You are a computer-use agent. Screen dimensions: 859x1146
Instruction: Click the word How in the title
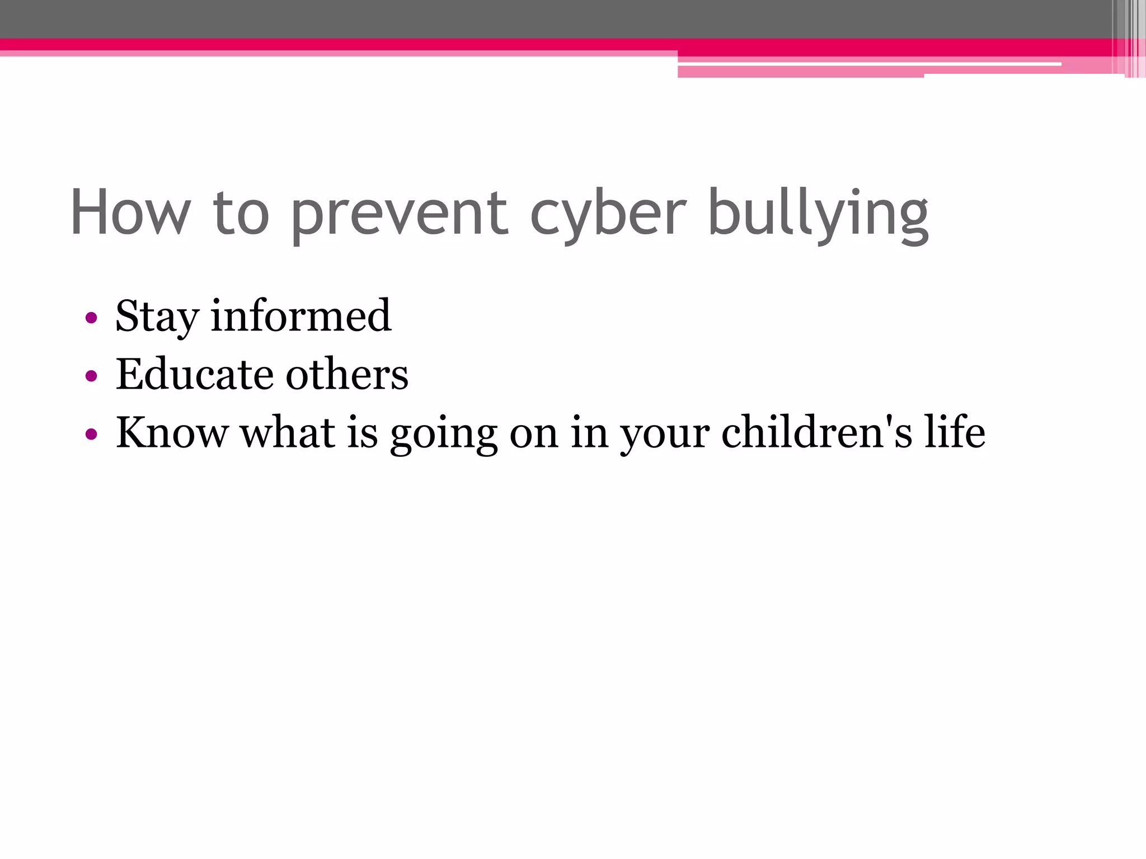pos(130,213)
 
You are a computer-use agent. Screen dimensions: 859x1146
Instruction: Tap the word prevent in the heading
pos(399,215)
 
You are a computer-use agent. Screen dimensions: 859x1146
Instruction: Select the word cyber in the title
pos(608,215)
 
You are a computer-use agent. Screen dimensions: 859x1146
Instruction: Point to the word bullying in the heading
pos(818,215)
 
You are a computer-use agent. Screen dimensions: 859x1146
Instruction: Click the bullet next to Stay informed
pos(91,318)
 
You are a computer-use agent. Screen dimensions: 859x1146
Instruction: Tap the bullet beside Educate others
pos(91,376)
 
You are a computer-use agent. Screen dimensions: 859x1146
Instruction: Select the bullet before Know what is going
pos(91,433)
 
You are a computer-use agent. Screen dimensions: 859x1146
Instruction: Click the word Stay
pos(157,317)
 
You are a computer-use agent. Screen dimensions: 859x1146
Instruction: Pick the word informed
pos(301,316)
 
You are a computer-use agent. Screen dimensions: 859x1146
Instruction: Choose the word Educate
pos(194,374)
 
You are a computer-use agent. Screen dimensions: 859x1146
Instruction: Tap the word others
pos(347,374)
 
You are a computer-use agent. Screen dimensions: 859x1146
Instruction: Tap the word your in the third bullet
pos(665,435)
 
